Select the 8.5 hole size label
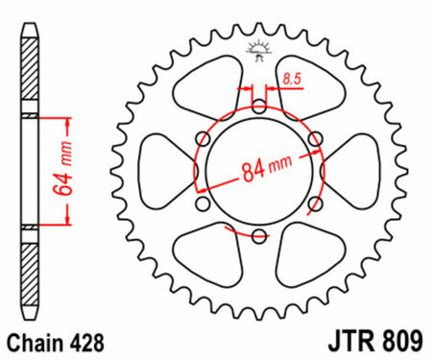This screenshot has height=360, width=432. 292,79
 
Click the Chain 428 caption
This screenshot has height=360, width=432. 56,343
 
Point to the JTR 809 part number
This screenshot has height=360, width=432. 375,341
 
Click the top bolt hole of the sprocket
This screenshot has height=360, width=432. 259,107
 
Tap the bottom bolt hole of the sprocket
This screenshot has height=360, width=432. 259,236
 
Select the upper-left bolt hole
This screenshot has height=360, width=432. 203,139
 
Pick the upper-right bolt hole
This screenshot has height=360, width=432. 316,139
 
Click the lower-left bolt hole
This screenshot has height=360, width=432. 203,204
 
